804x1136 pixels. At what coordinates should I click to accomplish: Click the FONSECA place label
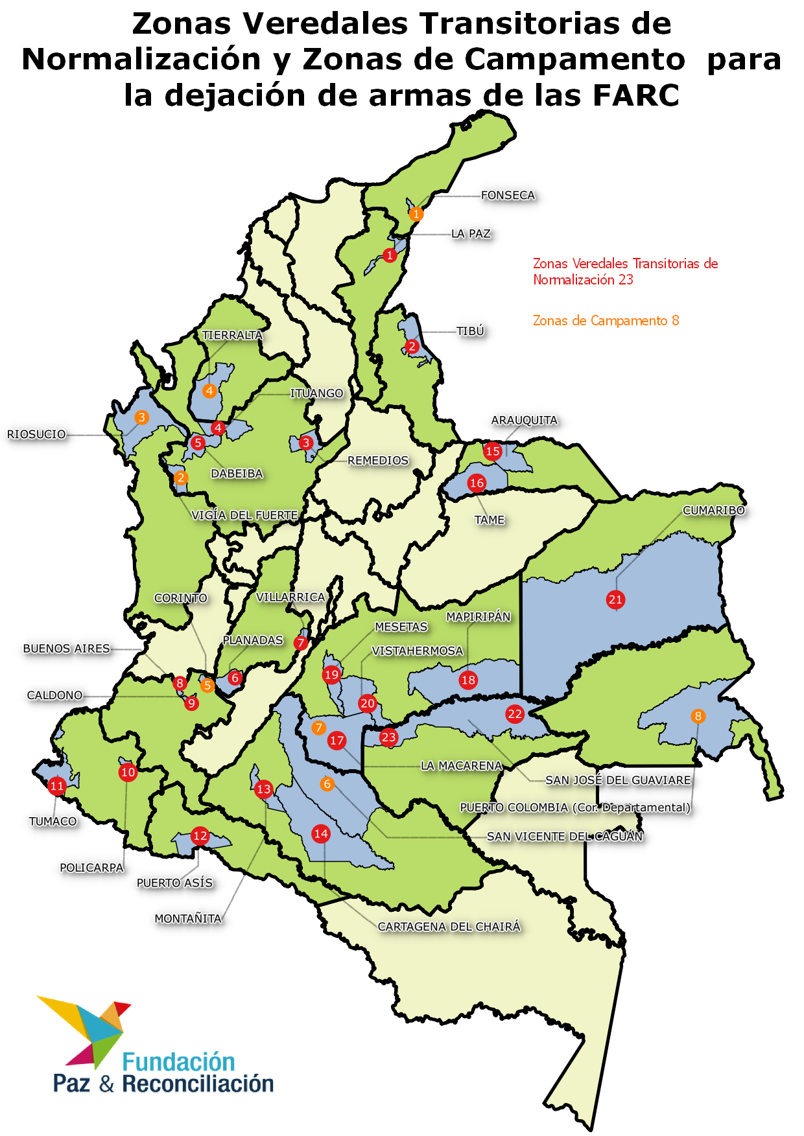tap(508, 195)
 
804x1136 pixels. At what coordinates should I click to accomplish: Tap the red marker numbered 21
tap(615, 599)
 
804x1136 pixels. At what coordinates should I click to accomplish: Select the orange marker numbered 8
tap(698, 716)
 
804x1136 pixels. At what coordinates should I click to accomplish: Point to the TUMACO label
tap(53, 821)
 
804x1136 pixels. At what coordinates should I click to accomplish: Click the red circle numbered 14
tap(320, 833)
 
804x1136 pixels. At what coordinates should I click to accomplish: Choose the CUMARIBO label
tap(714, 510)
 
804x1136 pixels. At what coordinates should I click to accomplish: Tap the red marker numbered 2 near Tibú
tap(412, 346)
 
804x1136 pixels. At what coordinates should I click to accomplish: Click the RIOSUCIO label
tap(36, 434)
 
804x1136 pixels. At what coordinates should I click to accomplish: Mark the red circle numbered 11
tap(57, 786)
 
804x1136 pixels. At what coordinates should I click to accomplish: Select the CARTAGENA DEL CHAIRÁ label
tap(449, 927)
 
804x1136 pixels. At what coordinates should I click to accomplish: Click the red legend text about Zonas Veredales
tap(625, 272)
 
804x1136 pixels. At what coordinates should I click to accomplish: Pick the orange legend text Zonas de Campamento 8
tap(606, 320)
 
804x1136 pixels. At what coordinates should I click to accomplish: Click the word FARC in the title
tap(635, 95)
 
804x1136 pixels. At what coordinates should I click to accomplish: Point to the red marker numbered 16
tap(477, 483)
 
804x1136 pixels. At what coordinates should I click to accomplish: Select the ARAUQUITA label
tap(524, 420)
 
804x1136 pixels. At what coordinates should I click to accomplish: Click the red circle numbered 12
tap(200, 836)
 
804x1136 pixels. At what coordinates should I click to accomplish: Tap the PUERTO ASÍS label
tap(174, 883)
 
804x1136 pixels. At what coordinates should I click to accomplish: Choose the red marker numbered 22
tap(515, 714)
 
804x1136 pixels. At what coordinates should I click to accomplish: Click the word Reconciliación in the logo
tap(198, 1084)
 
